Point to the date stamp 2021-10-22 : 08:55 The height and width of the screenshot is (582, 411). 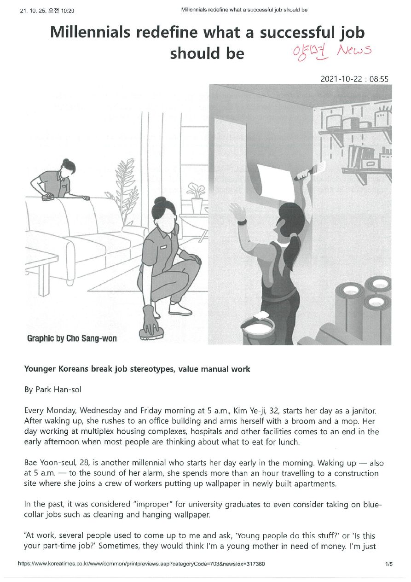click(354, 79)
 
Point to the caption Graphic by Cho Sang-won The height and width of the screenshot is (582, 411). click(72, 338)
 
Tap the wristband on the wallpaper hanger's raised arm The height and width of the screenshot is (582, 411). click(242, 222)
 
